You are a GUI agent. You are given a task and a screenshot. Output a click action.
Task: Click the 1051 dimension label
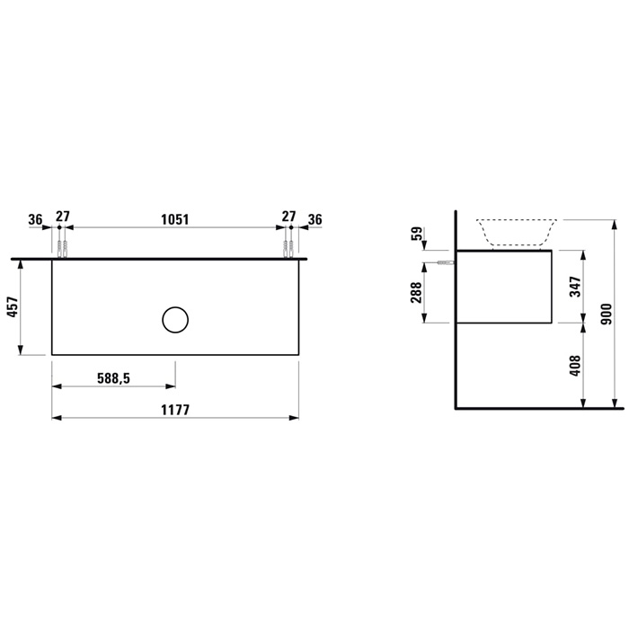(175, 219)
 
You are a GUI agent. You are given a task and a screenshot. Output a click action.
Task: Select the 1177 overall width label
(175, 410)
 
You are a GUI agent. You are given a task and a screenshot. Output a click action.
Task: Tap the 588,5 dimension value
(114, 378)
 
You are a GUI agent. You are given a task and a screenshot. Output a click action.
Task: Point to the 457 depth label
(13, 307)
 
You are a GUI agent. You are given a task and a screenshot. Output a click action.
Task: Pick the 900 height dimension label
(607, 314)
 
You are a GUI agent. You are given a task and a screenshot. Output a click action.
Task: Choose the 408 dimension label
(575, 366)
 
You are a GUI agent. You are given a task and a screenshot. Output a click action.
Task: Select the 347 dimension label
(575, 287)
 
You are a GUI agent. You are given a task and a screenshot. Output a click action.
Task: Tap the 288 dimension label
(416, 292)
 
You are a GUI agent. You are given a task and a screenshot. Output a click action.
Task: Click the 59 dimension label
(417, 234)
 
